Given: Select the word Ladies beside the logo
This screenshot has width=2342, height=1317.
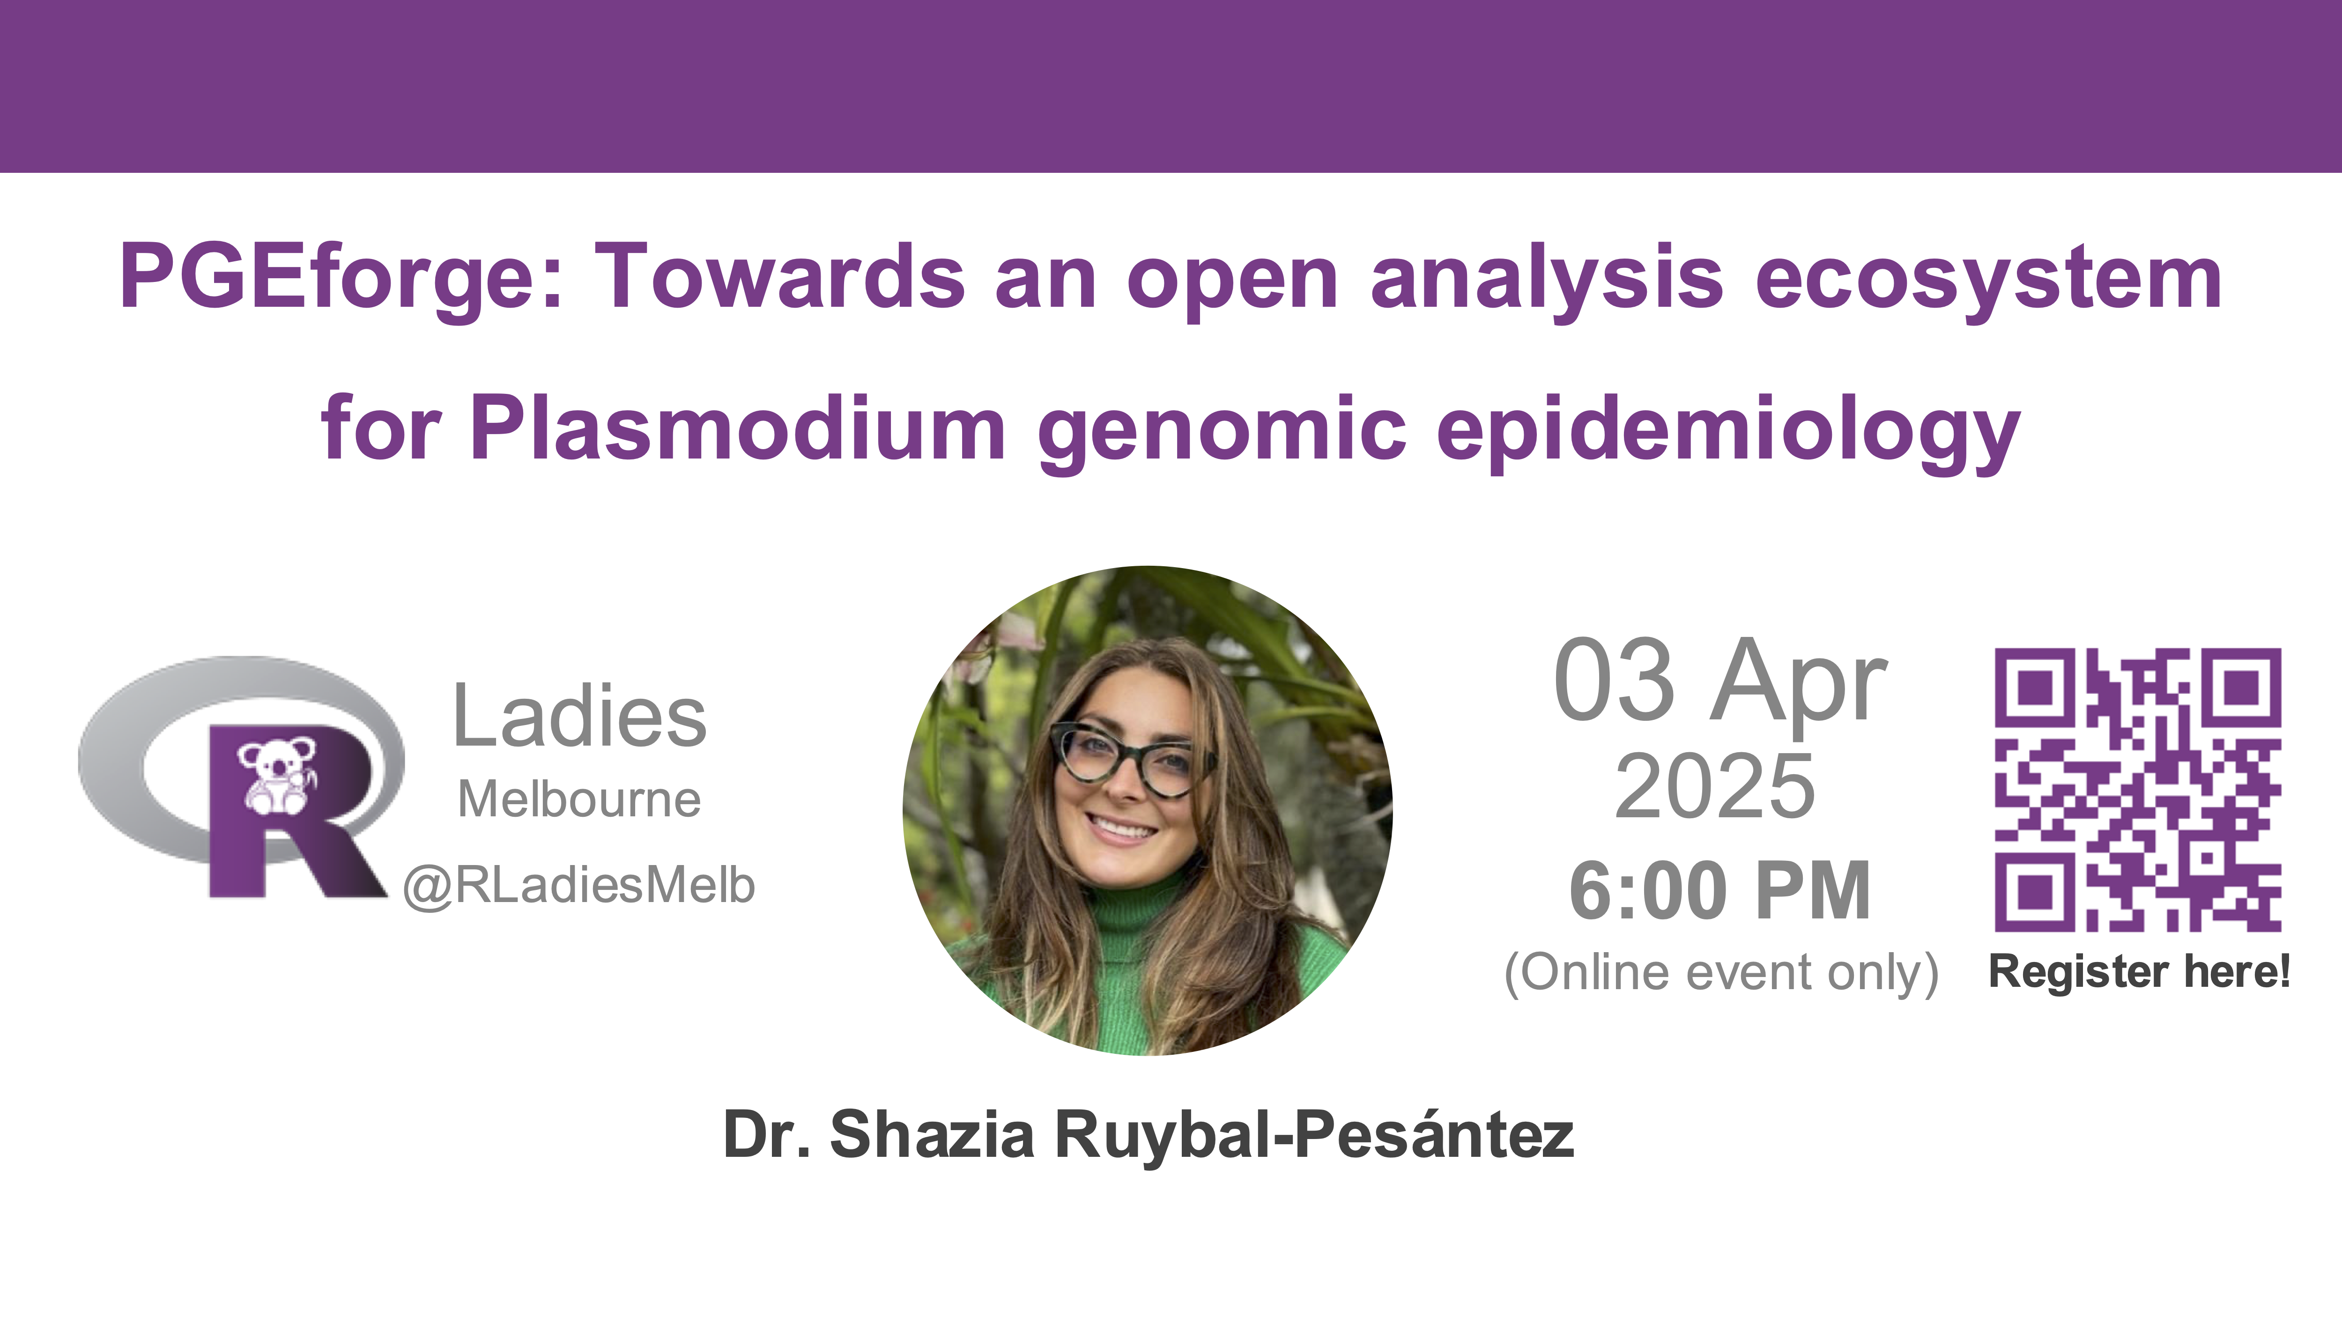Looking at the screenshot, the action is coord(579,716).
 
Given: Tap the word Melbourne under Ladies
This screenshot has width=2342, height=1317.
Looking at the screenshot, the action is coord(579,800).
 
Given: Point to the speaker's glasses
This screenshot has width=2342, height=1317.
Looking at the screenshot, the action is coord(1133,759).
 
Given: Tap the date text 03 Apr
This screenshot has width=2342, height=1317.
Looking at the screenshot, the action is coord(1721,680).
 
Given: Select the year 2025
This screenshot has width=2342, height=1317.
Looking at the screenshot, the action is coord(1715,786).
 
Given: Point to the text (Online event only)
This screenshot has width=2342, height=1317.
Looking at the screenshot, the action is coord(1721,972).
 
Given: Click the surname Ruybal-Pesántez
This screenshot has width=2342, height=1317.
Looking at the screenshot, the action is coord(1315,1136).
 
